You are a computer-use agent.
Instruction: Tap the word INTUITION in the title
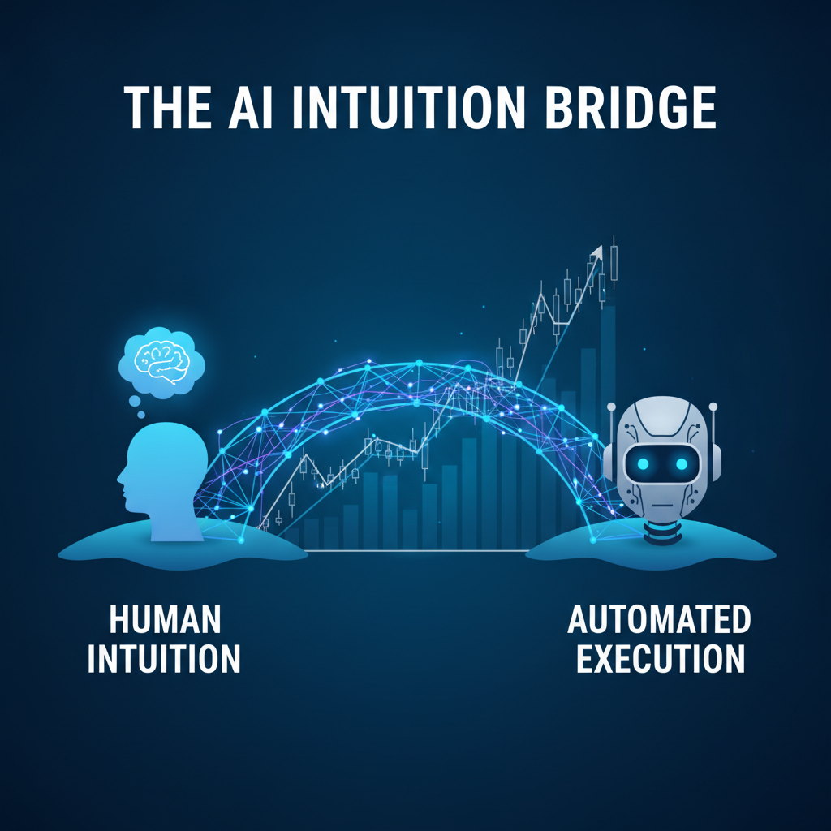[408, 109]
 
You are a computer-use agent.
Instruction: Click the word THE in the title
[167, 109]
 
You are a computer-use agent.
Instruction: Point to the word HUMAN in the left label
[165, 619]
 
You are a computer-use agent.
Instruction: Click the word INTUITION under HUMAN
[164, 658]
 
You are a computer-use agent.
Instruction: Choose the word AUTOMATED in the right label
[659, 619]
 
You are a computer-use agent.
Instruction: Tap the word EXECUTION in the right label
[661, 658]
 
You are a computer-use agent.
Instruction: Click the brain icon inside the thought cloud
[161, 362]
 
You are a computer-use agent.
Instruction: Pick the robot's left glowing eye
[643, 464]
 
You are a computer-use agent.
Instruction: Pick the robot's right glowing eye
[682, 464]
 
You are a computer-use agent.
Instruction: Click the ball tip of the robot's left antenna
[612, 407]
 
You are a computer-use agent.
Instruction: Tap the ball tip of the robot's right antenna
[713, 407]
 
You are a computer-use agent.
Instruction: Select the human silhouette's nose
[120, 479]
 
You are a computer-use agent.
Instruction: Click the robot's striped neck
[662, 532]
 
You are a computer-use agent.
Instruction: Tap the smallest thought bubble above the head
[141, 415]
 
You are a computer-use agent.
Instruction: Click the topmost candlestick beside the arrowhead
[614, 262]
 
